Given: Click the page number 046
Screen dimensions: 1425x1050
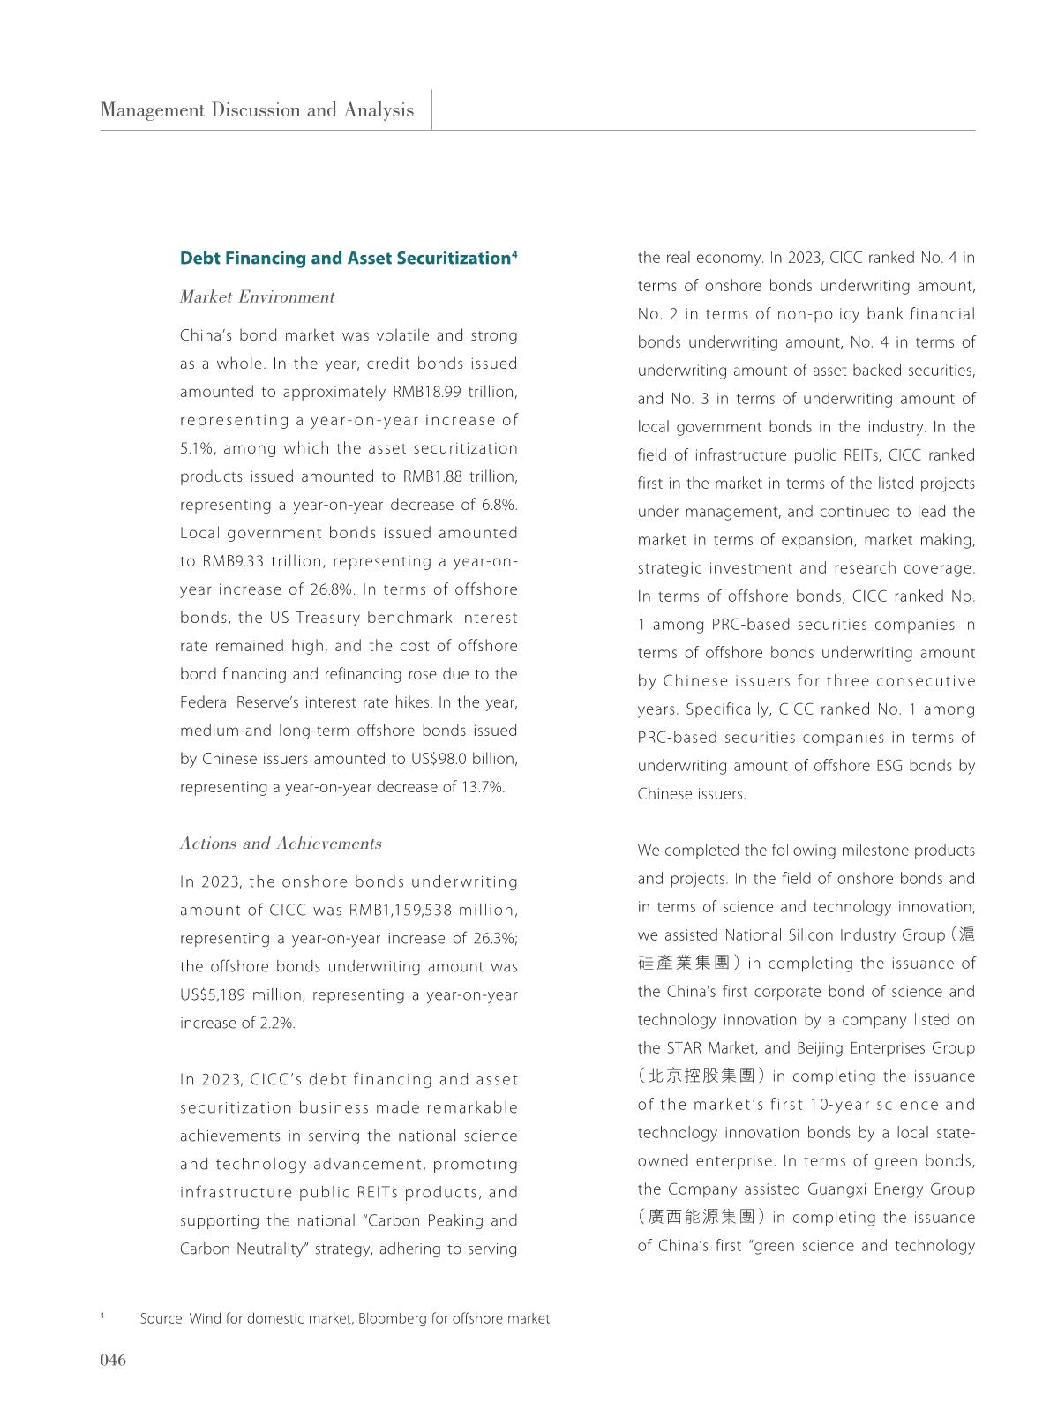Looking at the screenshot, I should click(113, 1360).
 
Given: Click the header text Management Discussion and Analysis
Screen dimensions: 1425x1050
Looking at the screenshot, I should click(257, 110).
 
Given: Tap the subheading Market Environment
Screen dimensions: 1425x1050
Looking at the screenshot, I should click(257, 297).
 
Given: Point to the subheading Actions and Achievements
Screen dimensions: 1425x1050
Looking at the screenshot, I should click(281, 844).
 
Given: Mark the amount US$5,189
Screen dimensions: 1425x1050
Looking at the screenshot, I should click(212, 994).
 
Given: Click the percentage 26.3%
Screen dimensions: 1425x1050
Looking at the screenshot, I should click(496, 938).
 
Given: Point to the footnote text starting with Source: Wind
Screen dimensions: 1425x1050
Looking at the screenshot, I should click(344, 1318).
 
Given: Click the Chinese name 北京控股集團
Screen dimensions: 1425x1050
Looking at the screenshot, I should click(701, 1076).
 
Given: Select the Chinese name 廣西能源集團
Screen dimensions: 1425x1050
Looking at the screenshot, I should click(701, 1218).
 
